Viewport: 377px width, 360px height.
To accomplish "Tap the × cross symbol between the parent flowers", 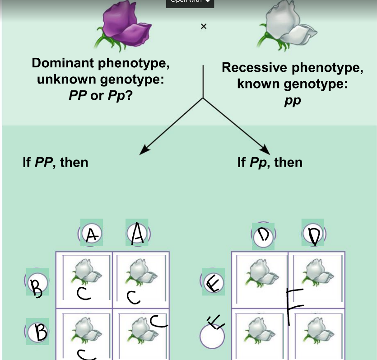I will coord(203,27).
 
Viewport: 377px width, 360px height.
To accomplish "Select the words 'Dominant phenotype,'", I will coord(101,63).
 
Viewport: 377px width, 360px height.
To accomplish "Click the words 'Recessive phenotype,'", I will coord(293,68).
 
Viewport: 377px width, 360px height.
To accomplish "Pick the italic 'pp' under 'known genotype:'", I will coord(293,101).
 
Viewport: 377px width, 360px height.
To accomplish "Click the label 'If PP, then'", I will coord(56,162).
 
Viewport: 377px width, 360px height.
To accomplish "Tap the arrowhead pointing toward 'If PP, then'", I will coord(143,151).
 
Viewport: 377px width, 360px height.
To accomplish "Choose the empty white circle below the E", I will coord(212,336).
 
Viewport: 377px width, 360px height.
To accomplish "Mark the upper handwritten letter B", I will coord(37,282).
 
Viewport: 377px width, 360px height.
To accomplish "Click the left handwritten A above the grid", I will coord(92,234).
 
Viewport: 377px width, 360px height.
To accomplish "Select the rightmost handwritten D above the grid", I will coord(313,234).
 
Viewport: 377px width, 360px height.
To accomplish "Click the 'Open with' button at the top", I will coord(190,2).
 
